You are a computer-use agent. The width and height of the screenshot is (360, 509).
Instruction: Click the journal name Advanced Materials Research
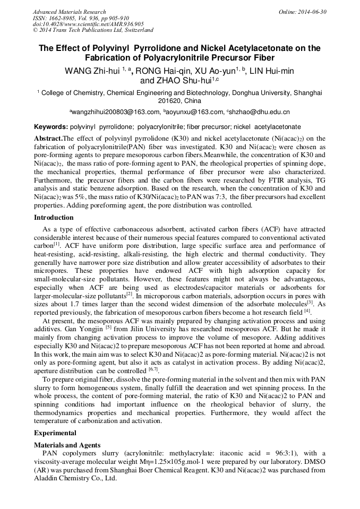click(x=69, y=12)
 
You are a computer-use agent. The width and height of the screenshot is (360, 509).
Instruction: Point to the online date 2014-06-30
click(x=313, y=12)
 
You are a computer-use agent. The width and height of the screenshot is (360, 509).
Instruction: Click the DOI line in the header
click(x=88, y=24)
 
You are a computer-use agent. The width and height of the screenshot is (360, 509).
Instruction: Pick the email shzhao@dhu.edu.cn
click(x=260, y=112)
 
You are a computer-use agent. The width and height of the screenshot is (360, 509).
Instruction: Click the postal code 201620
click(x=169, y=100)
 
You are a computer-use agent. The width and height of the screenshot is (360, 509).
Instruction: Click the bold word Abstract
click(x=48, y=139)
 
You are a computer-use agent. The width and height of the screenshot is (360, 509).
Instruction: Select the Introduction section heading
click(x=54, y=218)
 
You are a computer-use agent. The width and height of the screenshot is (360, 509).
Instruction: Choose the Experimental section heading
click(x=55, y=433)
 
